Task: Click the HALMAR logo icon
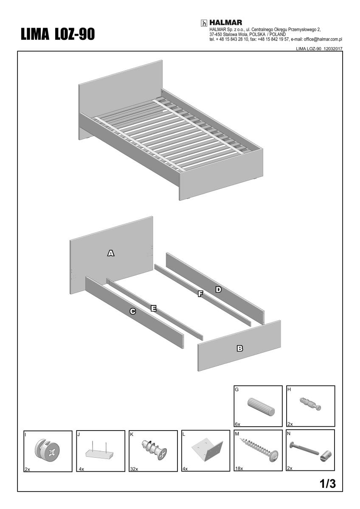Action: pos(204,23)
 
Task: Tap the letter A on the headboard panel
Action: pos(111,253)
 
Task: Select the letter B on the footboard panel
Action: pos(240,348)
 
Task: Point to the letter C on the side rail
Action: pos(133,311)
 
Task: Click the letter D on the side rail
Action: pos(218,289)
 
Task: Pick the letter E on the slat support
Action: pos(154,308)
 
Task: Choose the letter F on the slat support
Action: pos(200,294)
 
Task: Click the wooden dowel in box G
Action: pos(261,406)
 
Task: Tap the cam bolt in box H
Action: pos(311,403)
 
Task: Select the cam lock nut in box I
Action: pos(48,450)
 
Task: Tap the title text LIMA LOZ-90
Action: pos(58,34)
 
